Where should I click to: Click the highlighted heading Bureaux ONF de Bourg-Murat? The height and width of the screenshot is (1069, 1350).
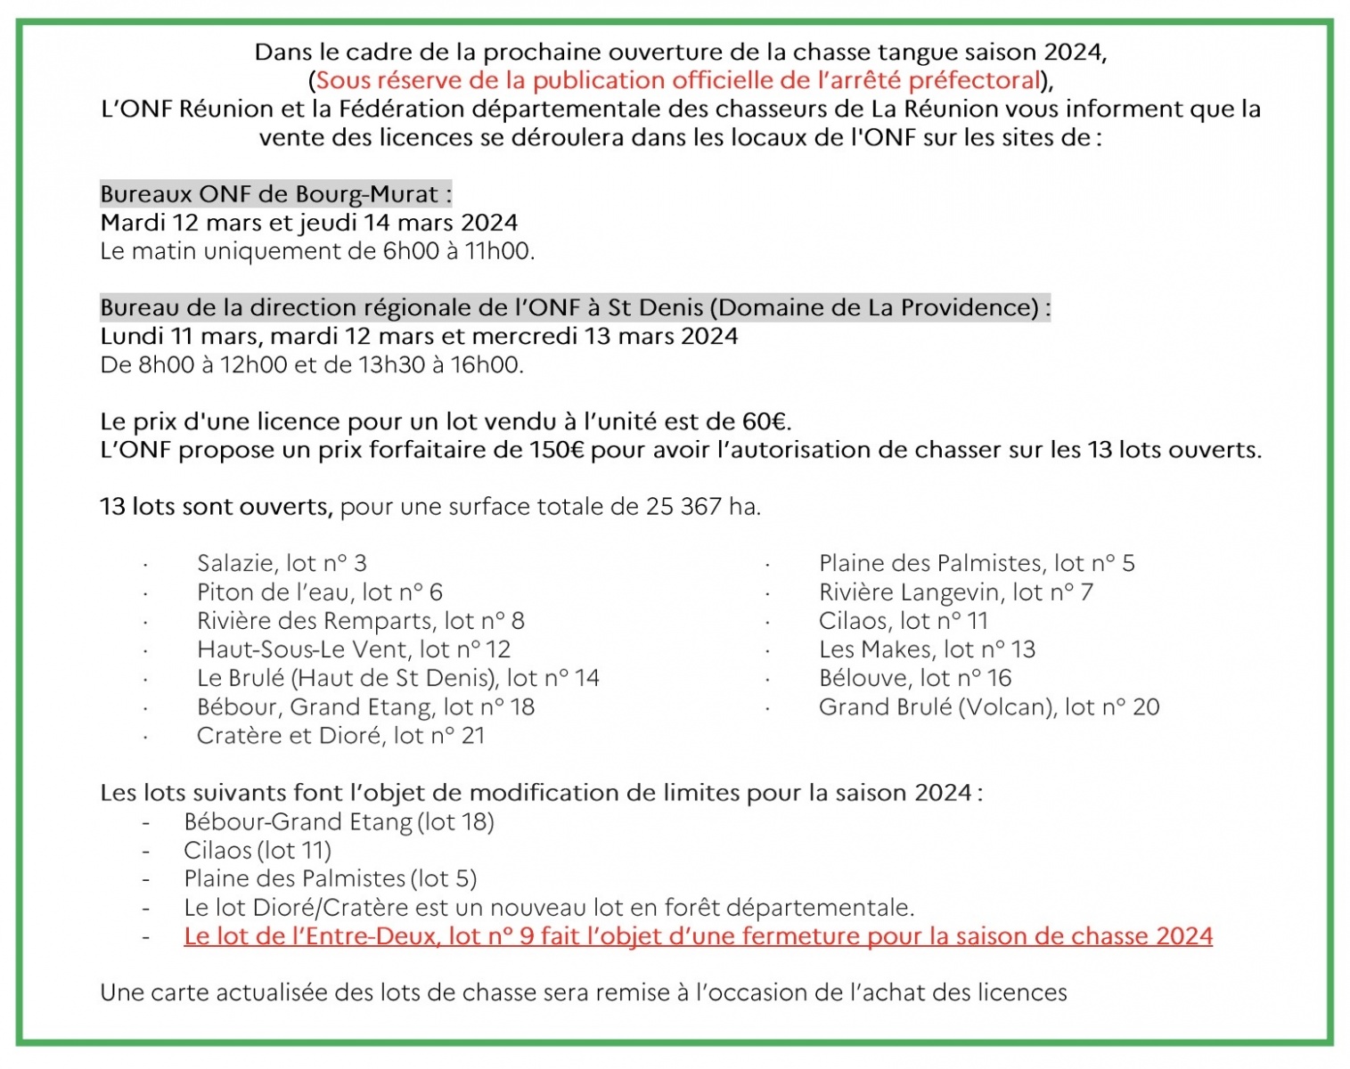275,194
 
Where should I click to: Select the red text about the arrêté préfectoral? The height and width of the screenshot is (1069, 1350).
678,80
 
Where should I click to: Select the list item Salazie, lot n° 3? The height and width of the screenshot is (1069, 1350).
282,563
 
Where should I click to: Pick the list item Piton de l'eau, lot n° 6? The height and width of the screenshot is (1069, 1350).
320,592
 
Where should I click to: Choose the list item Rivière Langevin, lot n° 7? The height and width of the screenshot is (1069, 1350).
955,592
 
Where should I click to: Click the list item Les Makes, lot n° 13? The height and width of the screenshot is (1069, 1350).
927,649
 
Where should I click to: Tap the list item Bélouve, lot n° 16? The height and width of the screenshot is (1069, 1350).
915,678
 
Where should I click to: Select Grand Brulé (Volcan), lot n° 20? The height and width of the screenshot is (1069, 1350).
989,707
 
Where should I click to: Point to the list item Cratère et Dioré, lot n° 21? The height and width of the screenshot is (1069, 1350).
340,736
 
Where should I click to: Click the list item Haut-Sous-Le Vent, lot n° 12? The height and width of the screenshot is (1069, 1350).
354,649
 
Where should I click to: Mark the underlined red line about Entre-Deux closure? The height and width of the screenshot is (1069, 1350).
698,936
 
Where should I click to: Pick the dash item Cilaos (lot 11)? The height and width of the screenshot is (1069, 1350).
258,851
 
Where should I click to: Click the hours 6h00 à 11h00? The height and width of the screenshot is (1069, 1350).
458,251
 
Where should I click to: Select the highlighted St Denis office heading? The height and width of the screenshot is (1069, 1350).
575,308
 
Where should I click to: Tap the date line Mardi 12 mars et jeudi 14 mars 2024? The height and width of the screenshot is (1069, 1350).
308,223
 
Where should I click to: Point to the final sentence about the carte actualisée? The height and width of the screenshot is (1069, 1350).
584,992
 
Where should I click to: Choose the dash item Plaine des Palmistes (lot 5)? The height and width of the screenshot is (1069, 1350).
331,879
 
